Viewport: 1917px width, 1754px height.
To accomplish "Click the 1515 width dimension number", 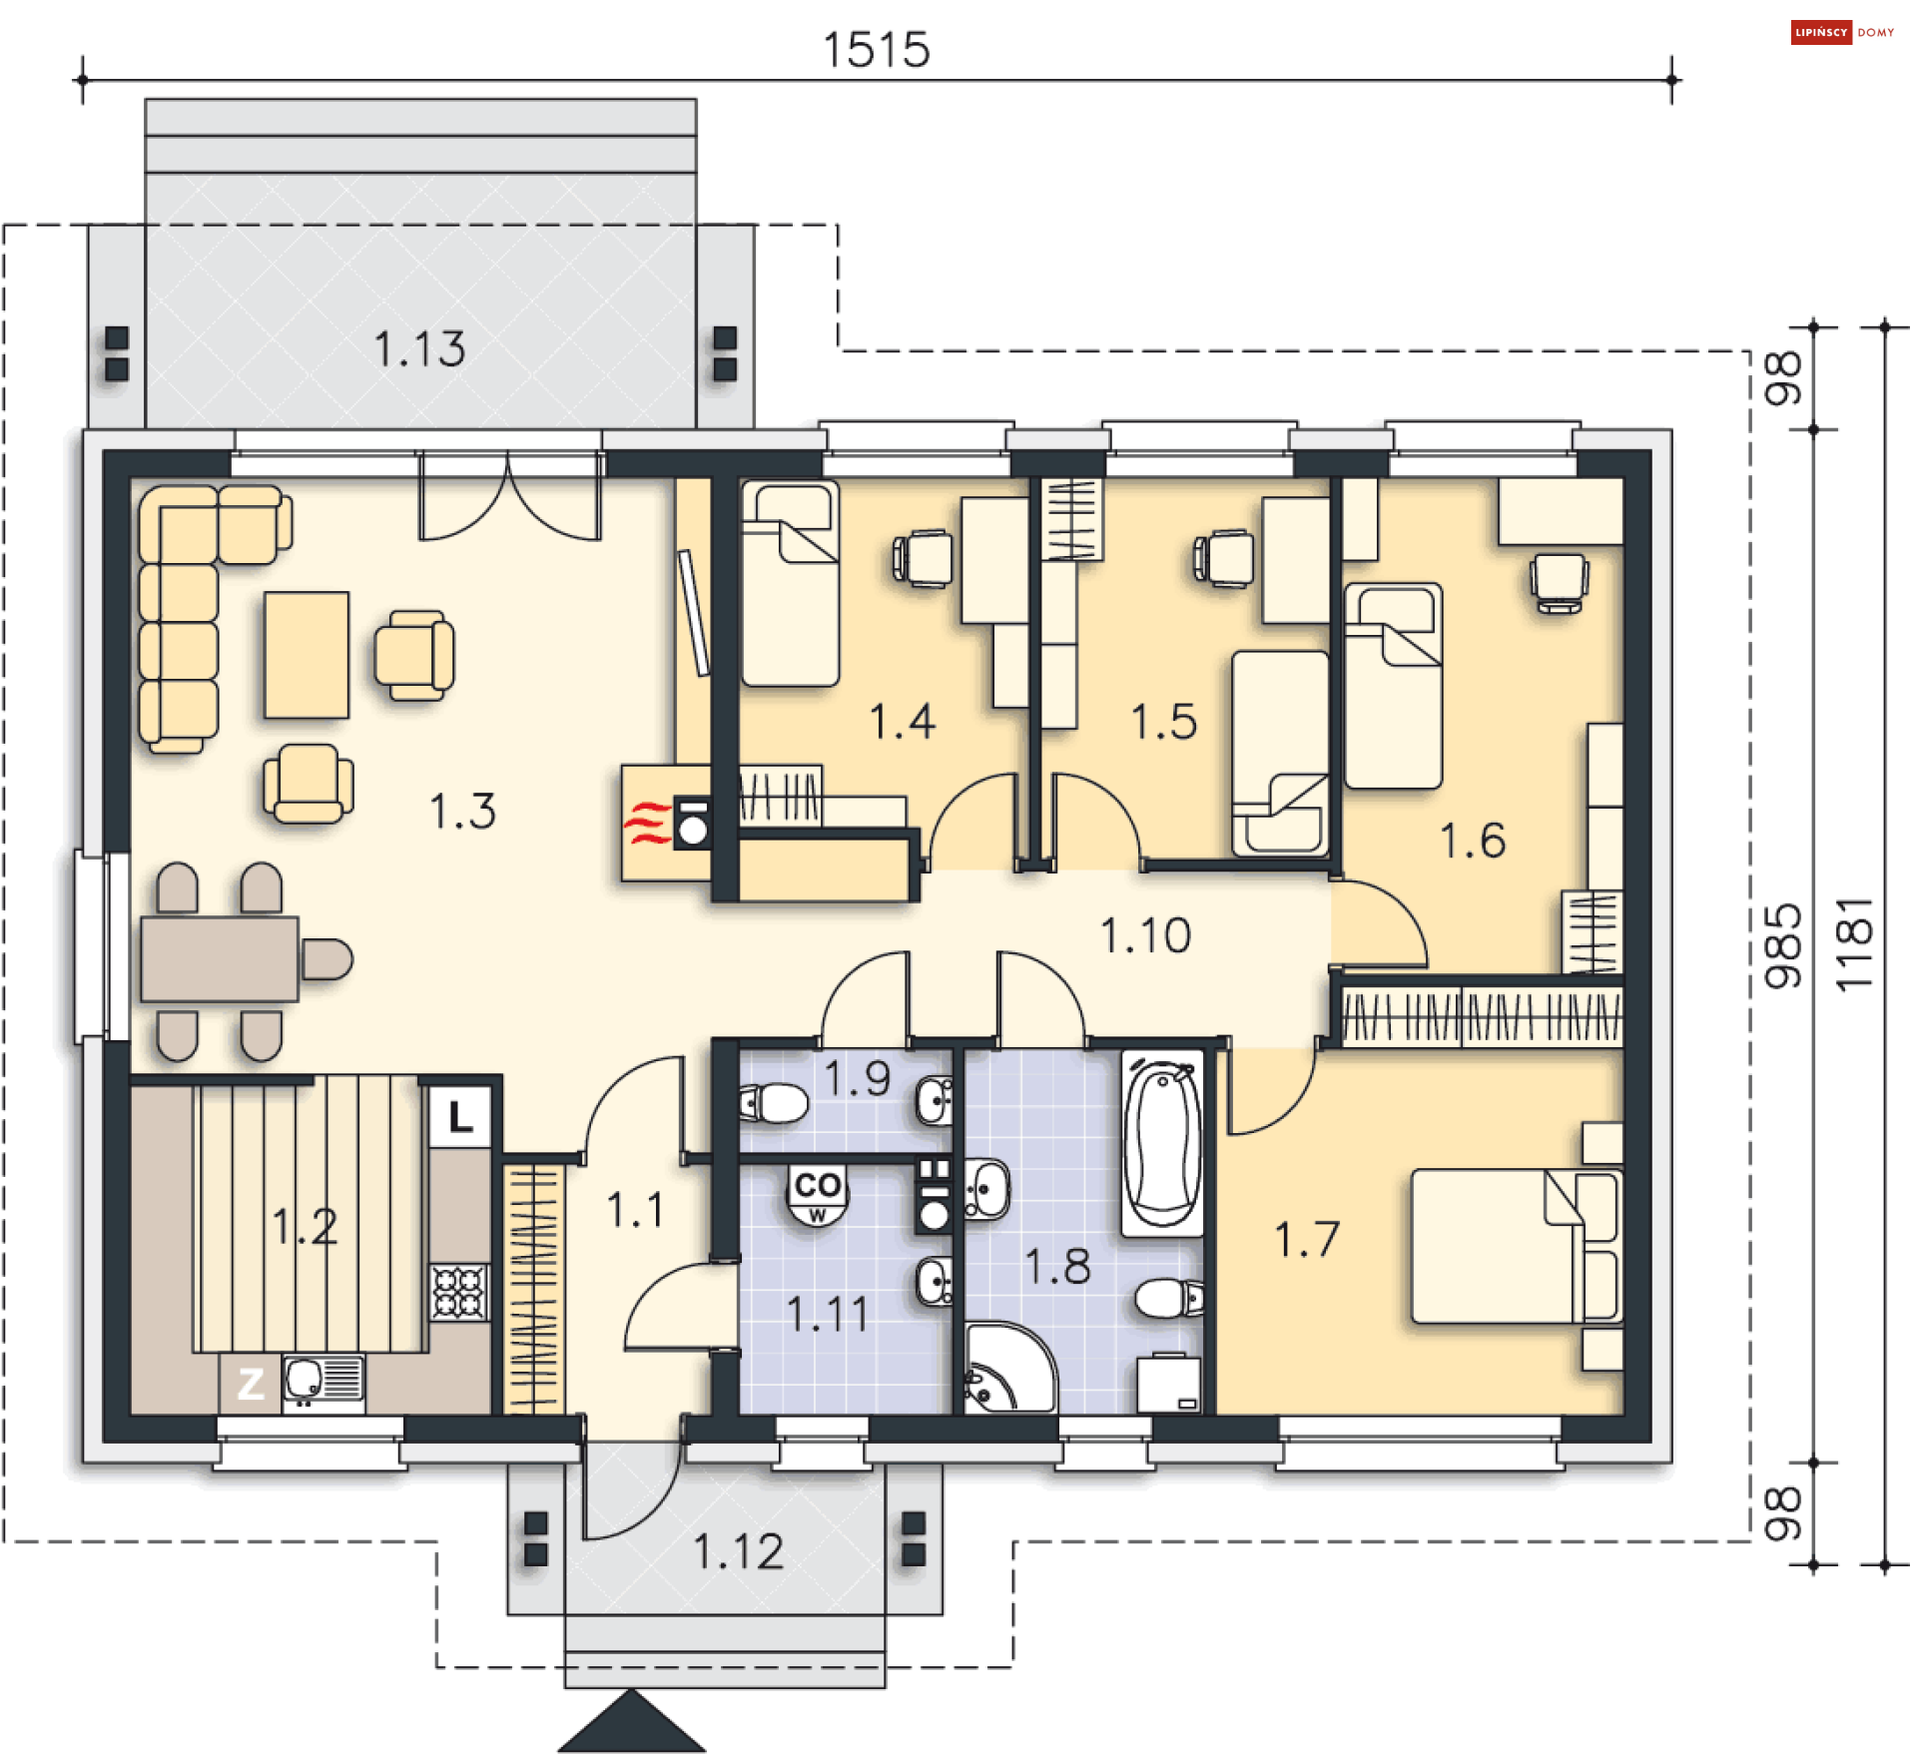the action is coord(876,49).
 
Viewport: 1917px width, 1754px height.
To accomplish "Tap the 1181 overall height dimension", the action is coord(1855,944).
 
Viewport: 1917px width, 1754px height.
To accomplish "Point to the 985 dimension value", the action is coord(1783,946).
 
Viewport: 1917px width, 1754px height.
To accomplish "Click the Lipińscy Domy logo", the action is coord(1842,32).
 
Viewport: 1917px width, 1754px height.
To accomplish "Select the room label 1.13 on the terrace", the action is coord(419,349).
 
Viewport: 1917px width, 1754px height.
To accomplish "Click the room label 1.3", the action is coord(462,811).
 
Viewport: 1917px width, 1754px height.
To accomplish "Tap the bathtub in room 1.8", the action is coord(1162,1144).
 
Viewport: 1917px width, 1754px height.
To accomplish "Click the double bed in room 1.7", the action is coord(1516,1246).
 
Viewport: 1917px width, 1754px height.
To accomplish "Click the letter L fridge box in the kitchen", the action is coord(460,1116).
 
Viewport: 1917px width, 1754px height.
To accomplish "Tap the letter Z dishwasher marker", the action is coord(250,1384).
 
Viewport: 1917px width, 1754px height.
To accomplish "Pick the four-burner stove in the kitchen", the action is coord(459,1292).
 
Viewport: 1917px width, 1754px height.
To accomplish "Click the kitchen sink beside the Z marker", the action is coord(323,1384).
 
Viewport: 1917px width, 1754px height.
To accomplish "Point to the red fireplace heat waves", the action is coord(647,823).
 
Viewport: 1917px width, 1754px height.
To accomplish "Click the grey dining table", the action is coord(220,958).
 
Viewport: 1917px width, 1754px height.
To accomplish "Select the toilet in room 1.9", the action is coord(773,1103).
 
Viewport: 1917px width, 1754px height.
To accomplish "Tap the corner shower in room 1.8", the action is coord(1008,1369).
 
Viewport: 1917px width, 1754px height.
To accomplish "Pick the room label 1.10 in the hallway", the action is coord(1145,935).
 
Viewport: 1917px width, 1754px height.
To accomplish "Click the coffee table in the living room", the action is coord(307,655).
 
